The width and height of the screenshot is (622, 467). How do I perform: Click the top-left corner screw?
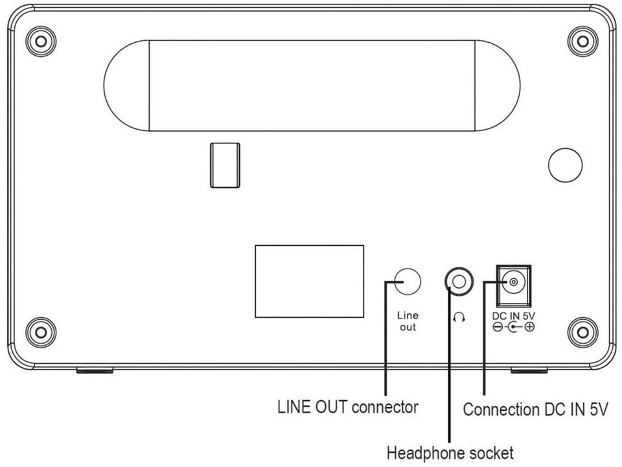click(x=41, y=42)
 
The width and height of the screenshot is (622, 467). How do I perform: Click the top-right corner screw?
click(x=582, y=42)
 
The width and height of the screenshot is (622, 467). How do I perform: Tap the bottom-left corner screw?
click(x=41, y=332)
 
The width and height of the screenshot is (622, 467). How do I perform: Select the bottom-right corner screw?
click(x=582, y=332)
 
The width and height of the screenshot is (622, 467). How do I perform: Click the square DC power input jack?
click(x=513, y=283)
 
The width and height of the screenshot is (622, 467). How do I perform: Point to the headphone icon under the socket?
click(x=459, y=318)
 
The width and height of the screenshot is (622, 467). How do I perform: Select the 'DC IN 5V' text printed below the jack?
click(x=513, y=316)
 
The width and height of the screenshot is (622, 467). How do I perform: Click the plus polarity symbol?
click(x=529, y=328)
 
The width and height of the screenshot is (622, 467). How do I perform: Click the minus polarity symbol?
click(x=496, y=328)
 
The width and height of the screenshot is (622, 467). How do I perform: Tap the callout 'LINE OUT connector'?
click(x=347, y=408)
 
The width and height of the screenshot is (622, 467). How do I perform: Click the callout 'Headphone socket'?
click(x=450, y=451)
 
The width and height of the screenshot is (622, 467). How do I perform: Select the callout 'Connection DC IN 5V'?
click(x=535, y=409)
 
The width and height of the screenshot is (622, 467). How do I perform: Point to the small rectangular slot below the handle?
click(x=225, y=165)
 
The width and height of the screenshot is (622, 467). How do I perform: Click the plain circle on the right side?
click(x=564, y=165)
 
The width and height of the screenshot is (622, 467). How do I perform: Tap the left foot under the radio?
click(x=95, y=371)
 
